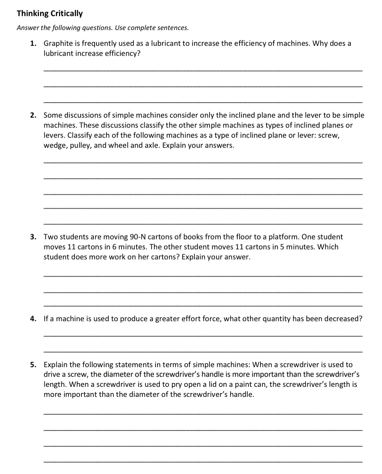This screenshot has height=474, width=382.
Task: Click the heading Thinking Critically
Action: (x=50, y=13)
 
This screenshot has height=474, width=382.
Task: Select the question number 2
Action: (x=33, y=115)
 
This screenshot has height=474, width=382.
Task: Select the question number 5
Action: (x=33, y=365)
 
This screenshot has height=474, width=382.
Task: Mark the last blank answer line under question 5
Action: (x=203, y=461)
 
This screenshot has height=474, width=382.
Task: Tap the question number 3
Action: (x=33, y=237)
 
